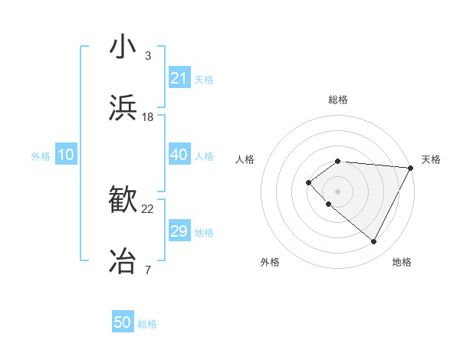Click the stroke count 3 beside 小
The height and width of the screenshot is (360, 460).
(147, 56)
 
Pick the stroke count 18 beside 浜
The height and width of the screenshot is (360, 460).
(148, 117)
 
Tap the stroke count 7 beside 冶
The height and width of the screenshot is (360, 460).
(147, 270)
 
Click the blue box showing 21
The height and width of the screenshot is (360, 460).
(179, 78)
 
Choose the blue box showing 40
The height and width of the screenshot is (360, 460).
(179, 155)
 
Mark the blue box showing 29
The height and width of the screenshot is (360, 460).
(179, 231)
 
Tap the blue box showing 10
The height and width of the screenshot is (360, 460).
(65, 155)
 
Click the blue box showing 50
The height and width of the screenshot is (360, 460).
(123, 322)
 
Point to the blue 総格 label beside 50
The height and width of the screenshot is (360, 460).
(147, 324)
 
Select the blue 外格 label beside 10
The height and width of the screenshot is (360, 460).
(41, 156)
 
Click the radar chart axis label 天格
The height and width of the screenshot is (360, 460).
(431, 159)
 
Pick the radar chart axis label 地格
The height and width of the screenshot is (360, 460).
(402, 262)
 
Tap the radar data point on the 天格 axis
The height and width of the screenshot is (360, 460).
(411, 167)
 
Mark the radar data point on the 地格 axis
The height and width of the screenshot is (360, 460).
(374, 242)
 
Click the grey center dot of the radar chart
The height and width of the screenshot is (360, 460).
(337, 191)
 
